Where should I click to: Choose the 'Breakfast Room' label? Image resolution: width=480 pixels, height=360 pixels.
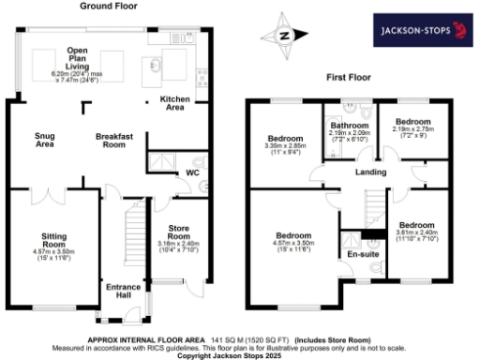[116, 140]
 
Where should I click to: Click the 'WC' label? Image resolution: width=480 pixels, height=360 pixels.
[193, 173]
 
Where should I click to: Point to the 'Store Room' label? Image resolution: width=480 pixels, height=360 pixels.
[178, 233]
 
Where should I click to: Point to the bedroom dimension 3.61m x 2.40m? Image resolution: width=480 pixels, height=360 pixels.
[416, 236]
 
